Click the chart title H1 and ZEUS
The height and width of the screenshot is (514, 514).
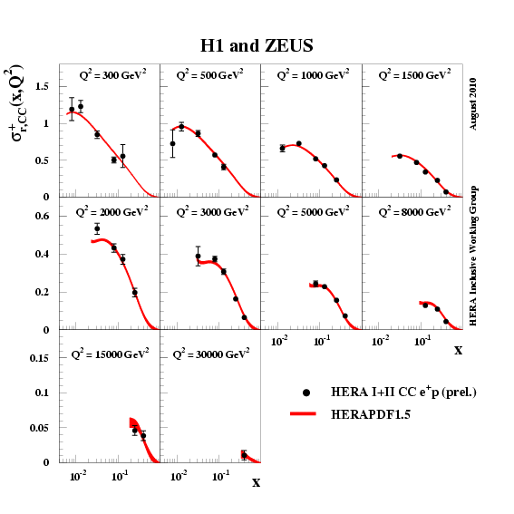click(x=257, y=45)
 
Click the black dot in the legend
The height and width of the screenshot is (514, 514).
click(x=307, y=393)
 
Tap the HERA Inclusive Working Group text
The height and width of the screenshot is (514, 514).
click(x=473, y=256)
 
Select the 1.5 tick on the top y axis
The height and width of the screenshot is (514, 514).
click(x=41, y=86)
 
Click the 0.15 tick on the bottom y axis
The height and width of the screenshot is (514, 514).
click(x=38, y=358)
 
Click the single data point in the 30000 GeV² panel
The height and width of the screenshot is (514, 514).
click(x=244, y=455)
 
